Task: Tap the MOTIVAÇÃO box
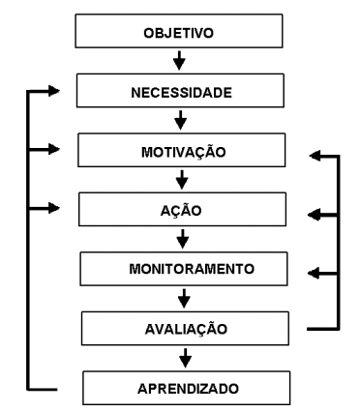coord(183,152)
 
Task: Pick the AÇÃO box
coord(183,210)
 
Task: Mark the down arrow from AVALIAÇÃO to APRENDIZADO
coord(183,358)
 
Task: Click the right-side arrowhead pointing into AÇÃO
coord(313,216)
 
